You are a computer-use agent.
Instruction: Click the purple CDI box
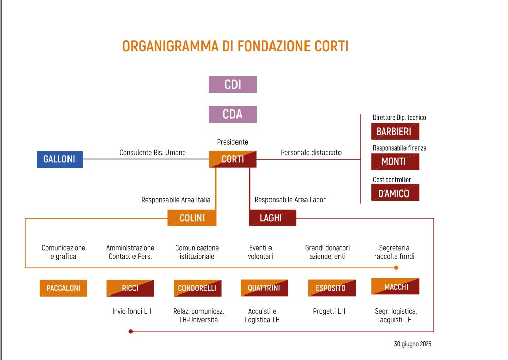click(232, 84)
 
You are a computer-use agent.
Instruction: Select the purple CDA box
click(232, 114)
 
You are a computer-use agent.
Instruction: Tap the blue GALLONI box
click(59, 159)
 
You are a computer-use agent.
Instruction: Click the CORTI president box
click(232, 159)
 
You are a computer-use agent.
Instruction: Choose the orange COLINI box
click(192, 218)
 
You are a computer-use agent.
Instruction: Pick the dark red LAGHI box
click(272, 218)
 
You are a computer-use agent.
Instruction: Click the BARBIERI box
click(395, 132)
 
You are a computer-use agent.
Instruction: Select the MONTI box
click(395, 161)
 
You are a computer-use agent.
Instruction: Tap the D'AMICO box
click(395, 193)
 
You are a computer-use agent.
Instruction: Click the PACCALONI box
click(63, 288)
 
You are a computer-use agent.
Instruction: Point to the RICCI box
click(130, 288)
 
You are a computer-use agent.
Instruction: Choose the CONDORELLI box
click(197, 288)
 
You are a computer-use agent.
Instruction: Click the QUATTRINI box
click(264, 288)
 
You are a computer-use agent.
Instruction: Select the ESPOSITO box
click(331, 288)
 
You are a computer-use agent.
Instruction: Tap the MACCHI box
click(395, 287)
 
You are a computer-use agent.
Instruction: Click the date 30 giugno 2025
click(412, 344)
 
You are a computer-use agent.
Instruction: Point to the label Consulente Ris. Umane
click(152, 152)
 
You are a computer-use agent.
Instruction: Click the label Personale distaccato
click(311, 152)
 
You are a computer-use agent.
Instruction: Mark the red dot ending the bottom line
click(131, 331)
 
